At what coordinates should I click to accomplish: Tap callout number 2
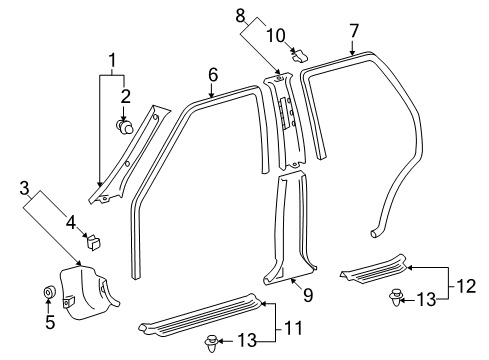click(125, 97)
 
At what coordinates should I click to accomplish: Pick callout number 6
click(212, 74)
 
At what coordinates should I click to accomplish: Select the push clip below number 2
click(126, 126)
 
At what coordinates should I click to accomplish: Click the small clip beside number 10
click(298, 55)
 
